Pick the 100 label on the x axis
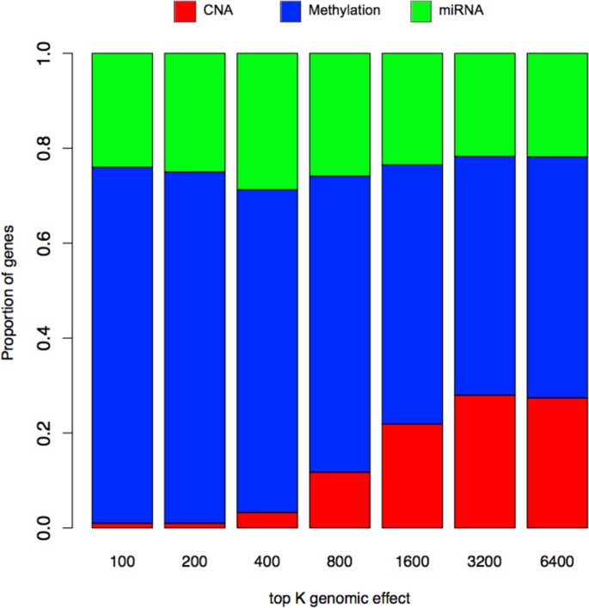tap(122, 560)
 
